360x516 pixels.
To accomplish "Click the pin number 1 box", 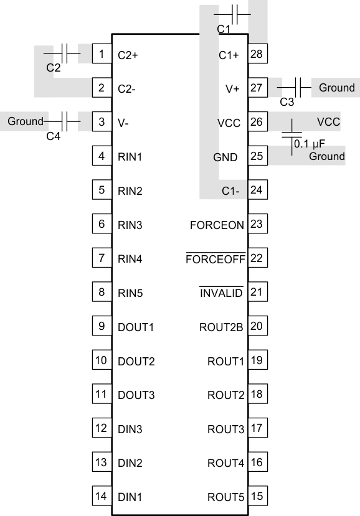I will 101,54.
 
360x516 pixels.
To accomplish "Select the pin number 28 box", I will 256,54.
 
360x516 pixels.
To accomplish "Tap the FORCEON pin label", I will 217,225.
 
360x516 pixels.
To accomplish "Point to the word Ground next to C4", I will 26,121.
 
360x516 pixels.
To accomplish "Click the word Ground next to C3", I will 336,88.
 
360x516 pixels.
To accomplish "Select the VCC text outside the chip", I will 328,121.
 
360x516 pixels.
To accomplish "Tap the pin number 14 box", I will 101,496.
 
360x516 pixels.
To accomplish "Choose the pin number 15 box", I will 256,496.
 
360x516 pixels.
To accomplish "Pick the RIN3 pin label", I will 130,225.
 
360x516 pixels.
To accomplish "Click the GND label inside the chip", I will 225,157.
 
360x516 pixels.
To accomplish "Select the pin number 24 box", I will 256,190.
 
